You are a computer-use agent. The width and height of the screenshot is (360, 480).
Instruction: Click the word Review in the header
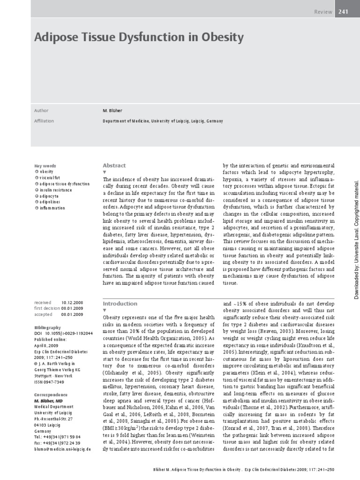tap(324, 12)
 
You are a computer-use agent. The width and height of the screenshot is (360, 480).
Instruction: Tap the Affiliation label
tap(44, 121)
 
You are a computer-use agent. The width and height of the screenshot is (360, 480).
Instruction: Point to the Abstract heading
tap(114, 165)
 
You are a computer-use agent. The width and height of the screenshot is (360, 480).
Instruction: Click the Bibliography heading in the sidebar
tap(47, 327)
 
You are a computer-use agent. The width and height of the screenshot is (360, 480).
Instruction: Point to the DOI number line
tap(63, 333)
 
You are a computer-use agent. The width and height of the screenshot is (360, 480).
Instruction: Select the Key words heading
tap(45, 166)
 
